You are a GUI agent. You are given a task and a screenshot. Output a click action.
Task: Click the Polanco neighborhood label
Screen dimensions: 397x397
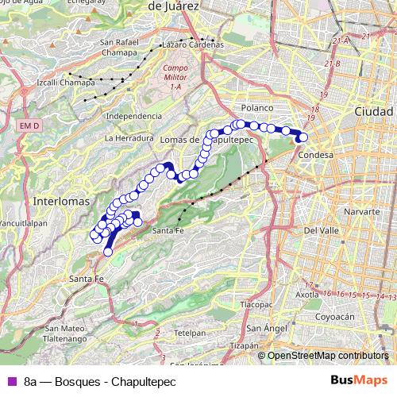click(x=257, y=107)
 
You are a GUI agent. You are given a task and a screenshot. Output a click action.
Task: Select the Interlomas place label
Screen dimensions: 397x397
click(x=60, y=202)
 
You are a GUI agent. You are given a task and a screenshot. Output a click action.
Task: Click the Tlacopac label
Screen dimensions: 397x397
click(x=256, y=303)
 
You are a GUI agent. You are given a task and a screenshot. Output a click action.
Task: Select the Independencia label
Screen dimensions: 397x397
click(x=133, y=116)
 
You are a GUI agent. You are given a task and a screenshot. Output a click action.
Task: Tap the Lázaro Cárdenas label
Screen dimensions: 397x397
click(x=192, y=44)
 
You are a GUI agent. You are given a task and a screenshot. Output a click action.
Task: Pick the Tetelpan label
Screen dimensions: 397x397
click(x=190, y=332)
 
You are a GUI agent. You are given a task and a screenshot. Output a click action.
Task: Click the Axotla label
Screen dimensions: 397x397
click(x=307, y=295)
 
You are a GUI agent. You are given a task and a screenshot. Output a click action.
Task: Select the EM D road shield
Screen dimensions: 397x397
click(x=29, y=125)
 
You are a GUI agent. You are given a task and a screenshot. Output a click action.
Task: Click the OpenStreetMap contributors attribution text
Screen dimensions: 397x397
click(x=327, y=356)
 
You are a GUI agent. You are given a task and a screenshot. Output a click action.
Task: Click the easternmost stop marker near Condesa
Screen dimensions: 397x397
click(x=303, y=136)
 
